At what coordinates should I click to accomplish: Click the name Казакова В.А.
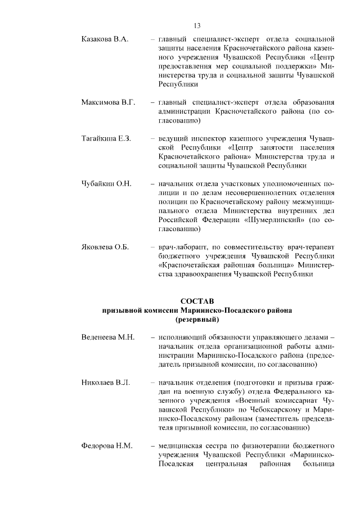pyautogui.click(x=105, y=39)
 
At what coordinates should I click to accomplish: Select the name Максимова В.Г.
pyautogui.click(x=109, y=102)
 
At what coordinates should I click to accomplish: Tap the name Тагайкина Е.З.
pyautogui.click(x=106, y=138)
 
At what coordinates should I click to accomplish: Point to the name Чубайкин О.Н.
pyautogui.click(x=106, y=183)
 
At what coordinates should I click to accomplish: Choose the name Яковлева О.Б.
pyautogui.click(x=105, y=247)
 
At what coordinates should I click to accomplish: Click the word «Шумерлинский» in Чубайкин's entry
pyautogui.click(x=272, y=220)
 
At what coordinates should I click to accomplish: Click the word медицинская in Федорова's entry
pyautogui.click(x=182, y=446)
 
